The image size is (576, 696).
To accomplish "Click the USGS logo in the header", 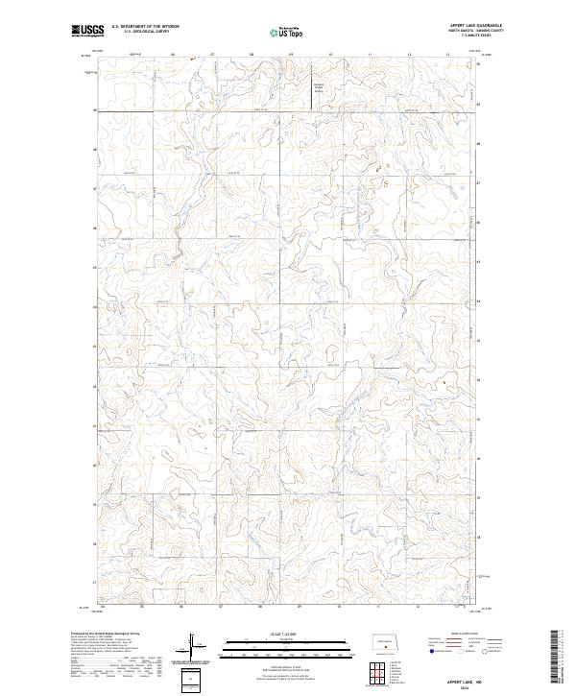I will pos(87,31).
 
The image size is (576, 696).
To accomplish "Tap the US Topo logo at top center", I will pos(288,33).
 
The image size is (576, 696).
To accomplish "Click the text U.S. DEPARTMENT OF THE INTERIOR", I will pos(145,27).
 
